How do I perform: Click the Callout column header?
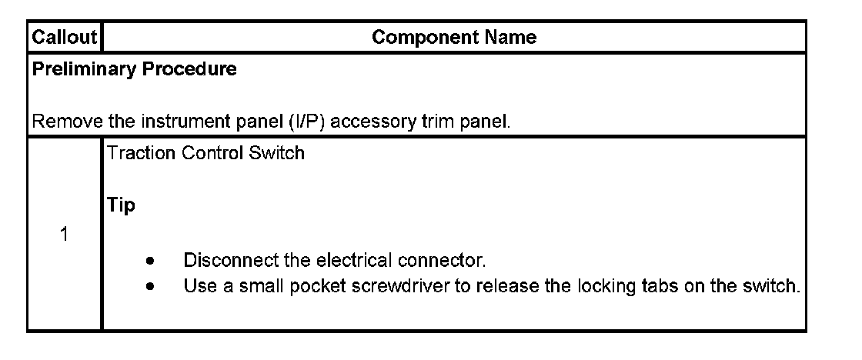coord(65,37)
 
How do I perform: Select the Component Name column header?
coord(454,37)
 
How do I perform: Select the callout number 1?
coord(65,235)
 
